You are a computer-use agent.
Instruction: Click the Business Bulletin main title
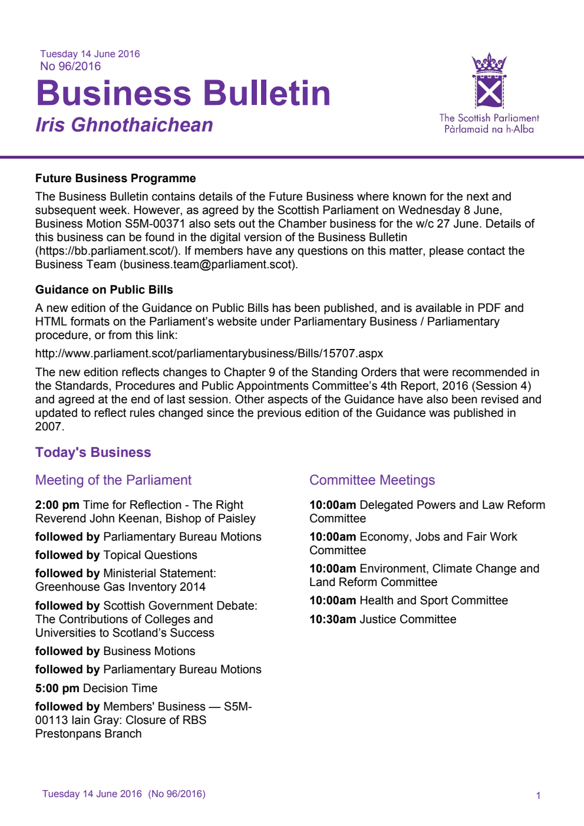(x=183, y=94)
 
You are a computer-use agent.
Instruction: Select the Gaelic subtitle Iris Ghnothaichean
(x=124, y=125)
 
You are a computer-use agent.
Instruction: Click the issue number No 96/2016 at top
(x=70, y=67)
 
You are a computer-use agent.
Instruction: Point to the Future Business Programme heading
(x=116, y=178)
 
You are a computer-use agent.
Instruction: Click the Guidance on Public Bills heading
(x=104, y=289)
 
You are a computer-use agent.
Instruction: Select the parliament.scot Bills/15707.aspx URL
(x=209, y=353)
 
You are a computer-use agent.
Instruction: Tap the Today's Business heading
(x=93, y=452)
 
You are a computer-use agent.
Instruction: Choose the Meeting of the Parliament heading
(x=113, y=480)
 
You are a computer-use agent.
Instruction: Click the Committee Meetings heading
(x=372, y=480)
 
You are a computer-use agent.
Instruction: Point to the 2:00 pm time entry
(x=57, y=505)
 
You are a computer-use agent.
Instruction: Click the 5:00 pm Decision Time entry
(x=96, y=688)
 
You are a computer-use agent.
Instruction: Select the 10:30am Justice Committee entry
(x=382, y=619)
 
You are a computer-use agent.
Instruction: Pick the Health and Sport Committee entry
(x=433, y=600)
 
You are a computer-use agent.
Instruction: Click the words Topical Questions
(x=150, y=555)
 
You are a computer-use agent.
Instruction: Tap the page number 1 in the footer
(x=538, y=795)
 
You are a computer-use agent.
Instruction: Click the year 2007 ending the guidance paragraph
(x=48, y=426)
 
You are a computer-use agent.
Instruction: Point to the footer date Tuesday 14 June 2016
(x=92, y=794)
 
